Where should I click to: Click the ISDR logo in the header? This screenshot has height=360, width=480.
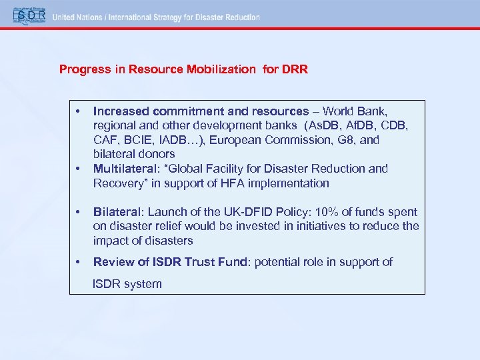point(26,15)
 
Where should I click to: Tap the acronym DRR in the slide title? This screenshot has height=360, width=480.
point(295,69)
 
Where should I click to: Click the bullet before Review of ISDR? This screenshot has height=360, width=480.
point(79,262)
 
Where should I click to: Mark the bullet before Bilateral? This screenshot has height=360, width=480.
point(79,212)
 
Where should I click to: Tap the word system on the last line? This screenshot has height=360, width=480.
point(143,284)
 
